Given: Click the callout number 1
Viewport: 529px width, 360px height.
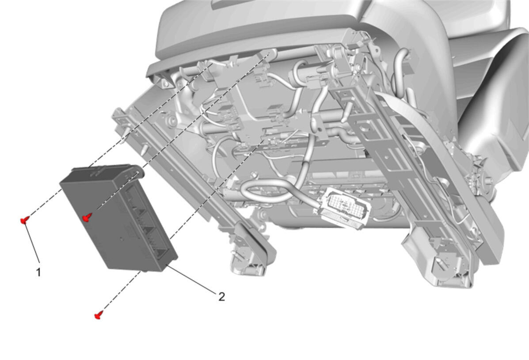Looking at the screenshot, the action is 38,272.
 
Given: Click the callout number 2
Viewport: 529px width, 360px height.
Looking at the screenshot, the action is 222,297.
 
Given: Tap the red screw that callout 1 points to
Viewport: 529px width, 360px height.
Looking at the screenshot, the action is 24,220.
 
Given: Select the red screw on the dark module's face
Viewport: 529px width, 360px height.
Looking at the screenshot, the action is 88,218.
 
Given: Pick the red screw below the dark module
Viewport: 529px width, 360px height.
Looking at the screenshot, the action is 98,315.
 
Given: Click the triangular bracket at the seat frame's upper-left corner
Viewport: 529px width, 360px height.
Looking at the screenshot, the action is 165,80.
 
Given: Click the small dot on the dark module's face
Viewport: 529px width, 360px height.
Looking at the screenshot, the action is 122,240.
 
